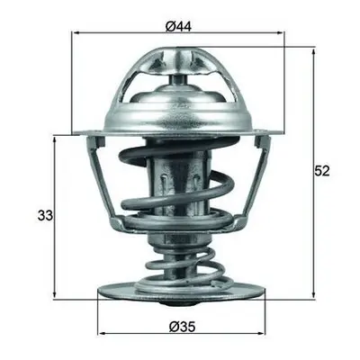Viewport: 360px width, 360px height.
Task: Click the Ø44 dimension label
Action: (178, 27)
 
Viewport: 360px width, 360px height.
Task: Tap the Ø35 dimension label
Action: (182, 327)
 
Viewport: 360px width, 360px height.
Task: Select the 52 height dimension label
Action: (322, 171)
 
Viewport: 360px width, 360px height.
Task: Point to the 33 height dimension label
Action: (45, 215)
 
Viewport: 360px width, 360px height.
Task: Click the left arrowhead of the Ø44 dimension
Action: (76, 32)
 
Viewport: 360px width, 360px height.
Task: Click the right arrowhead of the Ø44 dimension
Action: (280, 32)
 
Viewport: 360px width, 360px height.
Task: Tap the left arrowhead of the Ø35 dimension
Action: (102, 333)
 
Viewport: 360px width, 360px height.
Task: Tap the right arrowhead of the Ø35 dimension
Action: (262, 333)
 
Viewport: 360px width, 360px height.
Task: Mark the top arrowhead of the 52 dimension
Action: (313, 51)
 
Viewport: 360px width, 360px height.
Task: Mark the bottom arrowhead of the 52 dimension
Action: (313, 294)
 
